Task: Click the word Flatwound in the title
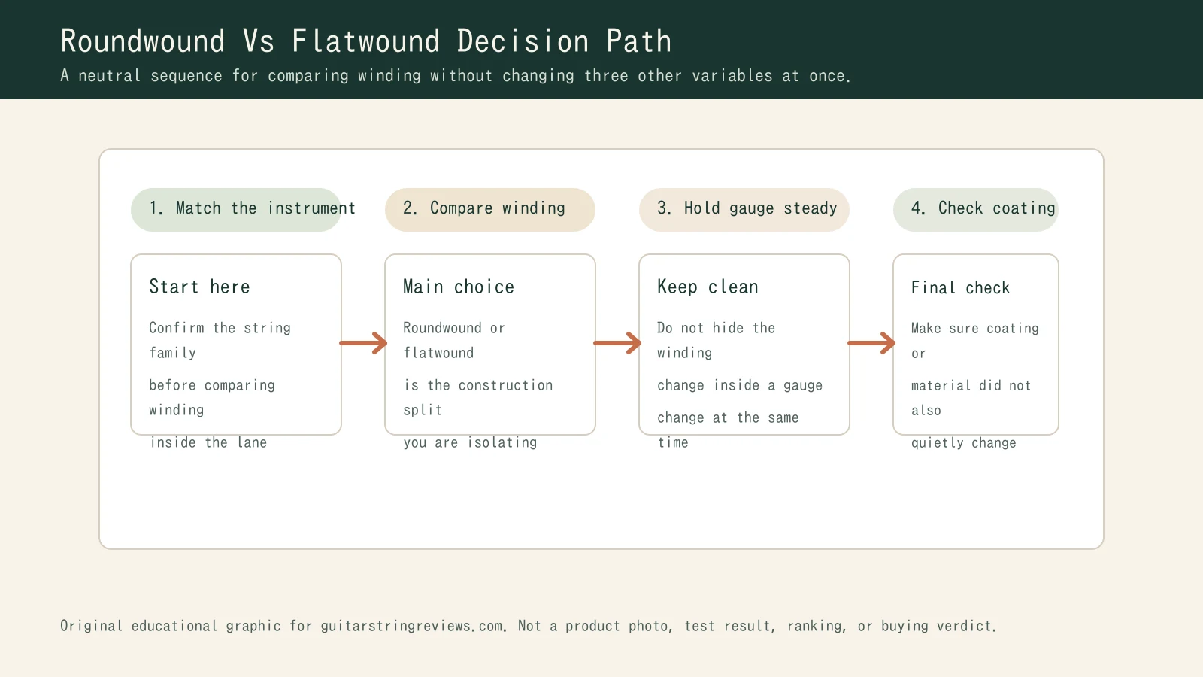click(x=365, y=41)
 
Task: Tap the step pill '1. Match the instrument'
click(x=236, y=209)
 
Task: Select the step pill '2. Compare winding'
click(x=489, y=209)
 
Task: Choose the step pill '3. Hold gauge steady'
click(x=744, y=209)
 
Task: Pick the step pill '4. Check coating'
click(x=976, y=209)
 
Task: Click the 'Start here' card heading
click(x=199, y=287)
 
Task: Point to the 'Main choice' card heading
click(x=459, y=287)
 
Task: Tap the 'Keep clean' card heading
click(x=708, y=287)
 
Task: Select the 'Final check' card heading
click(x=960, y=287)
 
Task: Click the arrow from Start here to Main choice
click(x=363, y=343)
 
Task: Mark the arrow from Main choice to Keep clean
click(x=617, y=343)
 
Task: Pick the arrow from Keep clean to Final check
click(x=871, y=343)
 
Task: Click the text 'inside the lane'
click(x=208, y=442)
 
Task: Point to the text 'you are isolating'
click(x=470, y=442)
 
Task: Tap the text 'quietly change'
click(x=963, y=443)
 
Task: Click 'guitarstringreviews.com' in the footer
click(x=412, y=626)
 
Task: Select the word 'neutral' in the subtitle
click(x=109, y=76)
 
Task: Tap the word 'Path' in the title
click(x=638, y=41)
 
